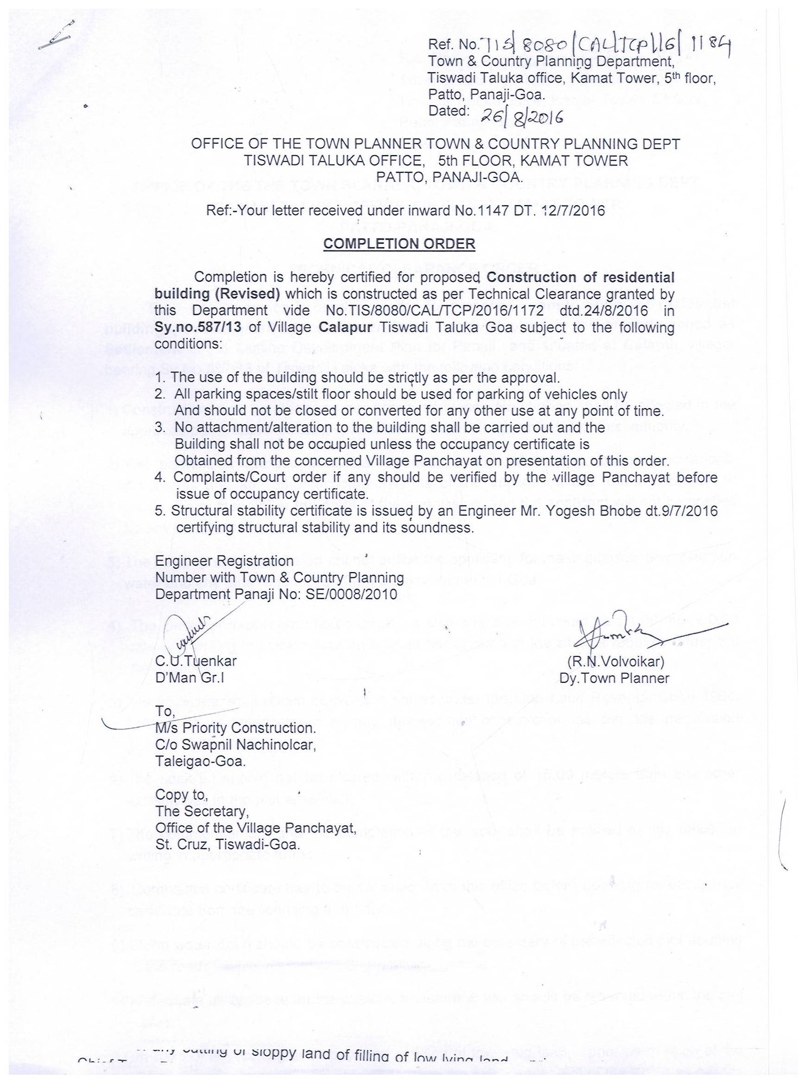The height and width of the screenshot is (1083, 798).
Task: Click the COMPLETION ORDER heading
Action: tap(399, 244)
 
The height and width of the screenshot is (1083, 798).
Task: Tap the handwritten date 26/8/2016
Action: tap(521, 116)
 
